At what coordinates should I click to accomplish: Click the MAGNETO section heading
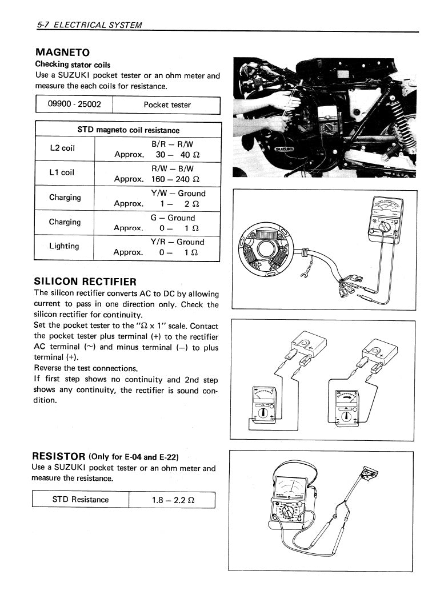[x=62, y=53]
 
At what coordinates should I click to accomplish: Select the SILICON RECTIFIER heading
[x=85, y=281]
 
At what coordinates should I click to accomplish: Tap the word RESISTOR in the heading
[x=59, y=456]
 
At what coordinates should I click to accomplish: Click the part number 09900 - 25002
[x=74, y=104]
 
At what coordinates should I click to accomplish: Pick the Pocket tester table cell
[x=167, y=105]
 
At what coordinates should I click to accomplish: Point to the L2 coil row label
[x=62, y=148]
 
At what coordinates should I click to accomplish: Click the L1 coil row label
[x=62, y=172]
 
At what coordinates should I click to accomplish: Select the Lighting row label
[x=64, y=246]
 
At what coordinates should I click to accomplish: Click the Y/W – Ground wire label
[x=178, y=194]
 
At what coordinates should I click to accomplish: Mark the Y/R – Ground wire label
[x=177, y=242]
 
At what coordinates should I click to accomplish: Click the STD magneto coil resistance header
[x=128, y=130]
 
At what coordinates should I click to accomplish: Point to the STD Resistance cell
[x=80, y=500]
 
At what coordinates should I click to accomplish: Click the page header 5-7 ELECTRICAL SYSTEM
[x=89, y=25]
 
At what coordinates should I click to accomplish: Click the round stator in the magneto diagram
[x=266, y=250]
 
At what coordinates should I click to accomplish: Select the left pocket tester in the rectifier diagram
[x=261, y=407]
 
